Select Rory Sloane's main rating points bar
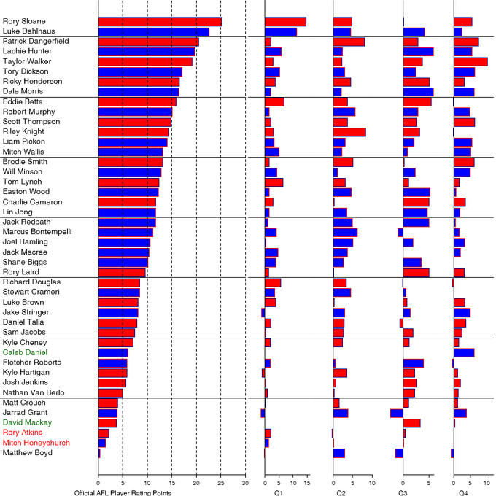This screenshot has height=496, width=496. click(160, 22)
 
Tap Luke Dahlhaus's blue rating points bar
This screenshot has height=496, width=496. click(153, 31)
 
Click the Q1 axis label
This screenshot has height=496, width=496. click(279, 493)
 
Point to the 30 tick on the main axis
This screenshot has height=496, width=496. click(246, 482)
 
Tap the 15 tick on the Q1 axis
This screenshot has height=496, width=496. click(307, 482)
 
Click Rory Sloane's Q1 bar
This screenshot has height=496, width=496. click(285, 22)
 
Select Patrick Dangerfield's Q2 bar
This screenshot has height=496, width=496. click(349, 42)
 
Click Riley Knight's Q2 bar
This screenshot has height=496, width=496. click(349, 132)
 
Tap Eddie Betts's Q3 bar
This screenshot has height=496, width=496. click(417, 102)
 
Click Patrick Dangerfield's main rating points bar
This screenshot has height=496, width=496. click(148, 42)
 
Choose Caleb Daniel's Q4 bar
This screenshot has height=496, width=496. click(464, 352)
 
